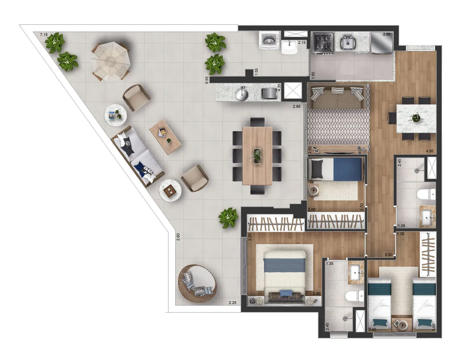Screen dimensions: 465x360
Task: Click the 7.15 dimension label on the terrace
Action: pos(44,35)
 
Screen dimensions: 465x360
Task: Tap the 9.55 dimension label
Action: pos(206,80)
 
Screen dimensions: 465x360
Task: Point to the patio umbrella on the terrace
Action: pos(110,61)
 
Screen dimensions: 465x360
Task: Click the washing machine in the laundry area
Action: pos(269,40)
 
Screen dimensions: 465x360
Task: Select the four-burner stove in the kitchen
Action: pos(323,43)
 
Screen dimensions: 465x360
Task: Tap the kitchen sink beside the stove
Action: pos(348,43)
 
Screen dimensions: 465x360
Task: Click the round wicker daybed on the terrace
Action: pos(197,284)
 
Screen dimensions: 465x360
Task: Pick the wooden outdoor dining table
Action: pos(257,156)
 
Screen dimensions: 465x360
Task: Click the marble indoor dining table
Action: pos(416,118)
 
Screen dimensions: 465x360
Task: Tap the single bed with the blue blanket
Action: pos(335,169)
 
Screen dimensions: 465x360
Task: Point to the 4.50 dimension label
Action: pos(429,151)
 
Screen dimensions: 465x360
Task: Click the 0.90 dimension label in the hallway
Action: pos(389,255)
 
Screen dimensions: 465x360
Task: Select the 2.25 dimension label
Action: pos(232,303)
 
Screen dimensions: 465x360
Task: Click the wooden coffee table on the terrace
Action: pos(165,137)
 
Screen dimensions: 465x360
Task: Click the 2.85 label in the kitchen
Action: pos(387,34)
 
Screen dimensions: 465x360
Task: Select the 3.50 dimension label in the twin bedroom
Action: pos(434,327)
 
